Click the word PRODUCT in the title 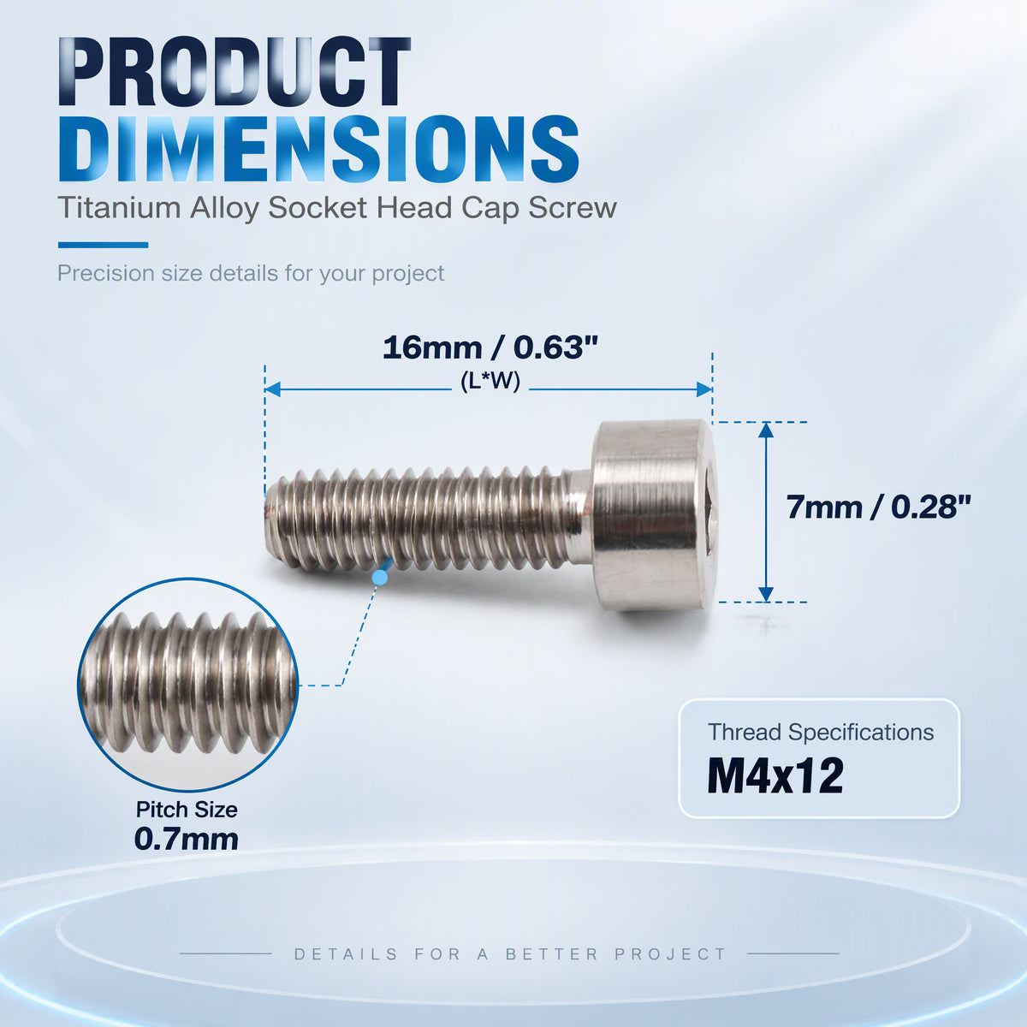[235, 72]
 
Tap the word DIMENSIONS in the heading [318, 150]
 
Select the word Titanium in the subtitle [119, 207]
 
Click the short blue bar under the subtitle [103, 245]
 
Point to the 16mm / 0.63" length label [490, 348]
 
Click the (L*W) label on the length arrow [490, 382]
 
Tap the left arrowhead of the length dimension [272, 389]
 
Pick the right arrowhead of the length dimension [704, 389]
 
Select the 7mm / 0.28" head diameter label [879, 507]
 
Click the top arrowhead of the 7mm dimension [766, 430]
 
